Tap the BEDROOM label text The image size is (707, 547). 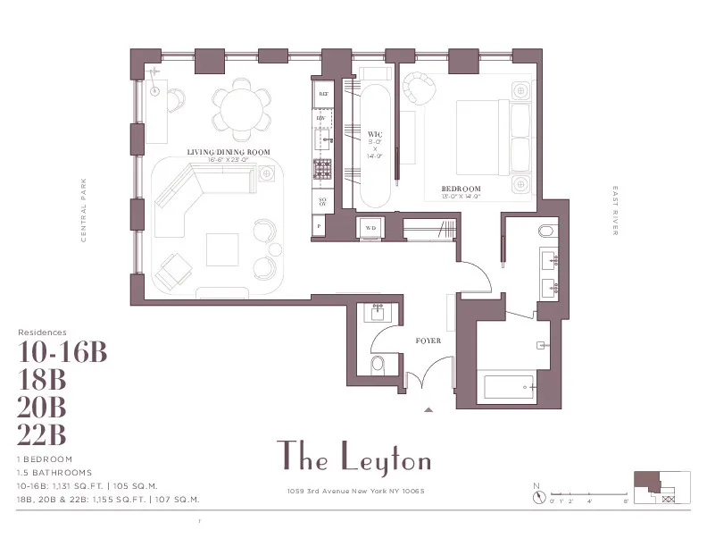click(x=462, y=189)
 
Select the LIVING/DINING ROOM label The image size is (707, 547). click(x=229, y=153)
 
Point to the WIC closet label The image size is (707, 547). click(x=375, y=134)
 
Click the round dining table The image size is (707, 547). click(x=243, y=108)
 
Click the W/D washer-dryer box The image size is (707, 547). click(x=370, y=228)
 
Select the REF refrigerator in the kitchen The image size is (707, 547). click(x=322, y=93)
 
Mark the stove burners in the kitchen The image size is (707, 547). click(x=322, y=167)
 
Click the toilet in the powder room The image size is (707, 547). click(x=378, y=363)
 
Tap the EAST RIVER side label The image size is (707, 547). click(x=615, y=211)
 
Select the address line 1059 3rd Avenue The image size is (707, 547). click(x=354, y=491)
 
